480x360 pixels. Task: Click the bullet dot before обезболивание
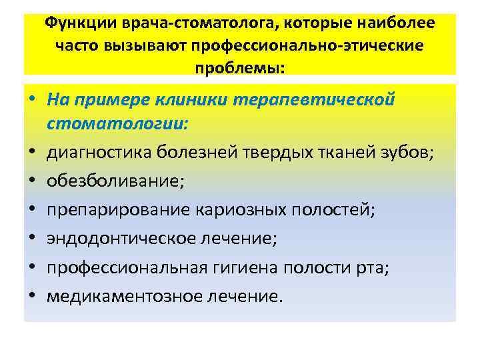(x=32, y=182)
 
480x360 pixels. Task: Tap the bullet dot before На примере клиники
(x=32, y=101)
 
